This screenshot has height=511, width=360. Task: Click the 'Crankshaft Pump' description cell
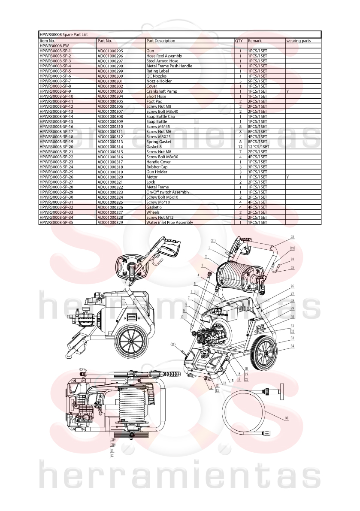[162, 91]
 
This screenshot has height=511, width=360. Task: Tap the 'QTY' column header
[239, 41]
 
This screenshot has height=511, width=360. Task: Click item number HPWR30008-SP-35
[56, 222]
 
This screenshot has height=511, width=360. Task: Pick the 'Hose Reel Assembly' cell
[164, 56]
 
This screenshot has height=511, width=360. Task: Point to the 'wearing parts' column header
[298, 41]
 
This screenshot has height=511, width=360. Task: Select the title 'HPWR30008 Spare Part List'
[64, 34]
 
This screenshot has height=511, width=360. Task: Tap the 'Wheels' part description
[153, 212]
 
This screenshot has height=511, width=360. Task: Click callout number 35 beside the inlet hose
[286, 418]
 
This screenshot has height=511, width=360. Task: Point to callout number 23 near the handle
[292, 237]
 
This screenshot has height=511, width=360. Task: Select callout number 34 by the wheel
[292, 346]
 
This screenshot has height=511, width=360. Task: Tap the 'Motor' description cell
[152, 177]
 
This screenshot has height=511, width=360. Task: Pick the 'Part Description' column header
[160, 41]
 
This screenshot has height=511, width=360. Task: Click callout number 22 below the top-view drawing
[112, 456]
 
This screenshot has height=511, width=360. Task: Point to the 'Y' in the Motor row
[287, 177]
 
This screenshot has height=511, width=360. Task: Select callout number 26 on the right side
[292, 287]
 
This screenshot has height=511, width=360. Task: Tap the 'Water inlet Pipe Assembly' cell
[169, 222]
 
